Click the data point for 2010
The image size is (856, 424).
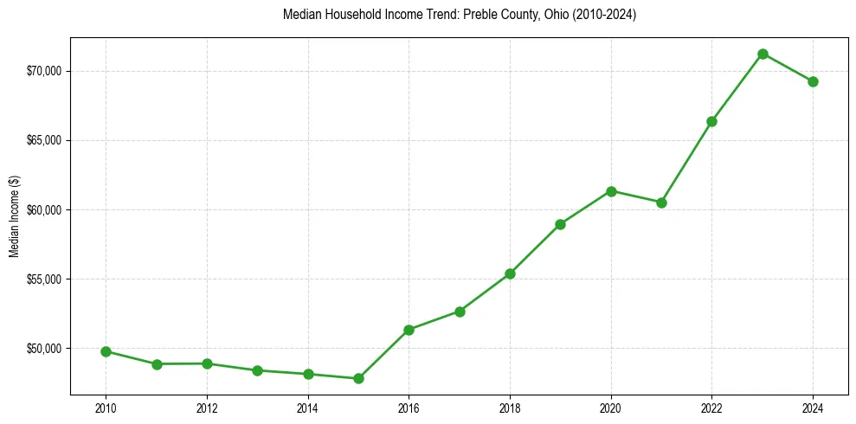[106, 351]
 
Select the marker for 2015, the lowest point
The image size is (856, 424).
[358, 378]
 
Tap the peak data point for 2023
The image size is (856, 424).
[763, 54]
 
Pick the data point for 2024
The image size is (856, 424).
[813, 81]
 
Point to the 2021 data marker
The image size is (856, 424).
[661, 202]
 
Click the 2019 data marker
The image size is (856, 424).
[560, 224]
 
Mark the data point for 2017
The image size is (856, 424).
[460, 312]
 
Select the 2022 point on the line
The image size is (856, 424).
[711, 121]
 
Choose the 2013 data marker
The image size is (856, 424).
[257, 370]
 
